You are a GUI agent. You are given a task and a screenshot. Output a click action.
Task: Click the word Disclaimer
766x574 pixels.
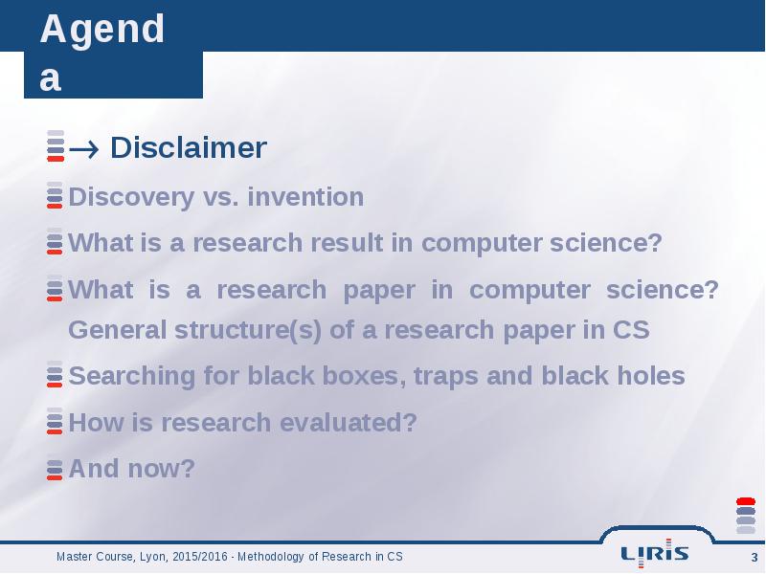tap(189, 147)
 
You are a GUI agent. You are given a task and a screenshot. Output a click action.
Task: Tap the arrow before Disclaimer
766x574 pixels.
tap(84, 148)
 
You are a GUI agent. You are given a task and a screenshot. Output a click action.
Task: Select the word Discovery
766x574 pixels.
tap(131, 198)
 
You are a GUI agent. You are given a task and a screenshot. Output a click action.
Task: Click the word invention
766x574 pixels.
tap(305, 197)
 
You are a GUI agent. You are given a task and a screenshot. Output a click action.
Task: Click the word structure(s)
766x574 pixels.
tap(248, 330)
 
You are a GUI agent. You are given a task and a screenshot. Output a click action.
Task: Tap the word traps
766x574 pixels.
tap(445, 377)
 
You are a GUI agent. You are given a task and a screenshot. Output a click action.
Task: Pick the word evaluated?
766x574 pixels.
tap(349, 422)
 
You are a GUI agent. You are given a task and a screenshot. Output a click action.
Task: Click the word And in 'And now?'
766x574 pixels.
tap(94, 468)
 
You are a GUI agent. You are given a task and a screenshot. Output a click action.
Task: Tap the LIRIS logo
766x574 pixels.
tap(655, 553)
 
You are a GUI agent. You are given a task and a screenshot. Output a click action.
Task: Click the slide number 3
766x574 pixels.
tap(755, 558)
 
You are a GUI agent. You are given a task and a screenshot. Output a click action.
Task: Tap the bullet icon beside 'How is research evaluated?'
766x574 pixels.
tap(55, 421)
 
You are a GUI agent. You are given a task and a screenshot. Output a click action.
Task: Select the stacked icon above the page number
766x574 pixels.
tap(746, 516)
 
